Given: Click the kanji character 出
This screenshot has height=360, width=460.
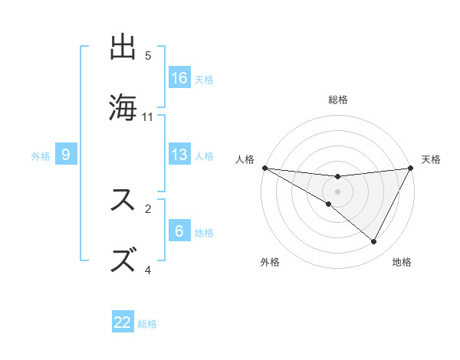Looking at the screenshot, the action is (125, 48).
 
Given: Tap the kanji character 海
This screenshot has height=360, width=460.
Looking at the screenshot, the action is (125, 106).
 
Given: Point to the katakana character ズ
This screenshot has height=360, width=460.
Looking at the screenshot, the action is (125, 259).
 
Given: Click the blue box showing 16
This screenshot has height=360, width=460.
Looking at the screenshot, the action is (179, 78).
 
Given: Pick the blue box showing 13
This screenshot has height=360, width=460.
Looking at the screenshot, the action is (179, 155).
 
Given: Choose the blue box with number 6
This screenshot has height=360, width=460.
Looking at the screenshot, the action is (179, 231).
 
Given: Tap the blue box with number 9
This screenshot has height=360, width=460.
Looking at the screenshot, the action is (66, 155).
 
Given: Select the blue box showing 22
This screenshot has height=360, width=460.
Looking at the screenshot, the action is (123, 322).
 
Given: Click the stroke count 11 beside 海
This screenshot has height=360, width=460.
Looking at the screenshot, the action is (148, 117).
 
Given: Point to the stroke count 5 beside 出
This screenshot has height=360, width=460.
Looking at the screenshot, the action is (148, 56).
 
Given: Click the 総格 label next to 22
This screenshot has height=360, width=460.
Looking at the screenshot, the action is (148, 324).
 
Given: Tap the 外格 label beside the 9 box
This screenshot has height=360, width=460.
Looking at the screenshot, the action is (41, 155).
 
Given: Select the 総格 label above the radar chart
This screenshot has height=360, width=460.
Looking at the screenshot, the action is (337, 100).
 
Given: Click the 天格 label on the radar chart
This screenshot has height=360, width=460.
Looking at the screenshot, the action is (432, 159).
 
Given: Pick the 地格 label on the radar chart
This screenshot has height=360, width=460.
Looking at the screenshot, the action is (402, 262).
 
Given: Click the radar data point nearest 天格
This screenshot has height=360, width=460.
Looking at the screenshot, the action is (412, 168).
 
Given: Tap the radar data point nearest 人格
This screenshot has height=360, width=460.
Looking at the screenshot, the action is (264, 168).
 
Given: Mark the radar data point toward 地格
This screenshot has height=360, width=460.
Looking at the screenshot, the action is (374, 242).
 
